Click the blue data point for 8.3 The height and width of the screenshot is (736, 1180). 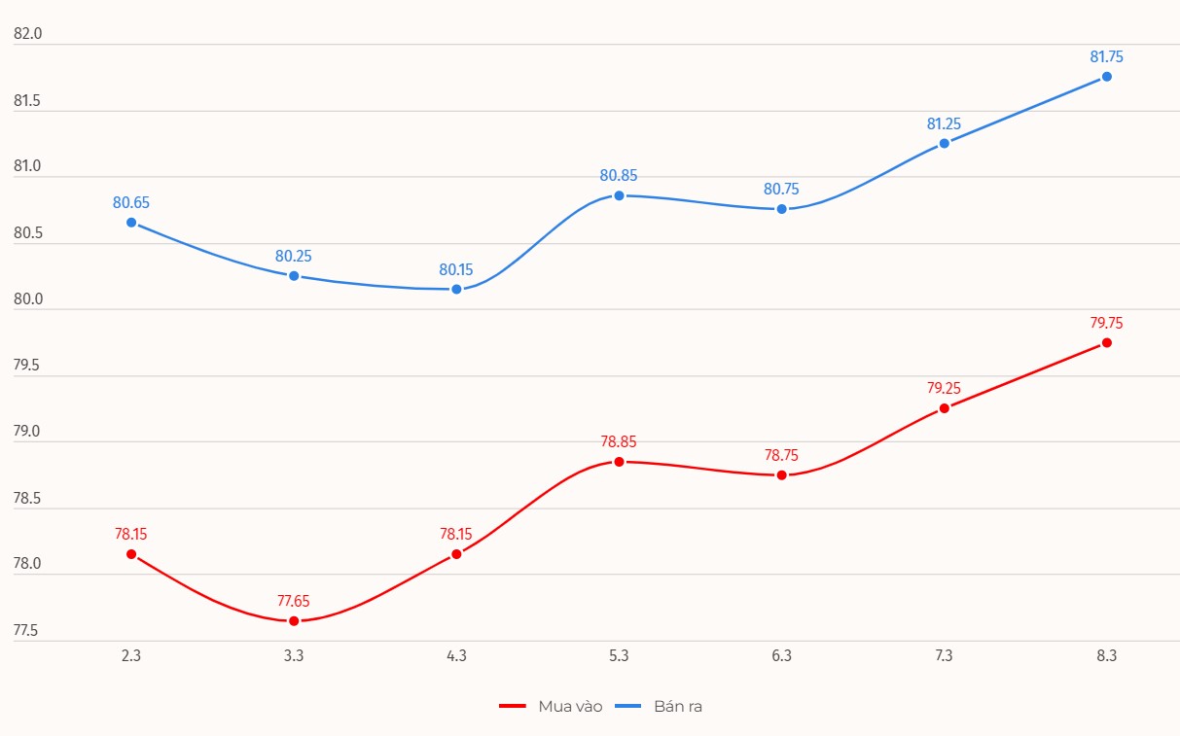(x=1106, y=77)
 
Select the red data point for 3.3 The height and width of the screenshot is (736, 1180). (x=294, y=620)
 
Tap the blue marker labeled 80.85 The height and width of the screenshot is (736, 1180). (x=619, y=195)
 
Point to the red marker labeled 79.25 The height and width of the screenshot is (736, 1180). (x=944, y=408)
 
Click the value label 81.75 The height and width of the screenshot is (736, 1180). (x=1106, y=56)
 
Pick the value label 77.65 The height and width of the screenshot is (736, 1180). (x=294, y=601)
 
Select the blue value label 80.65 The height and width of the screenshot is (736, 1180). (x=131, y=203)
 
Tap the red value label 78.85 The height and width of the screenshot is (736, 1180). (x=619, y=441)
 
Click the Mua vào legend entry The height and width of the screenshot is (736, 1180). (x=551, y=707)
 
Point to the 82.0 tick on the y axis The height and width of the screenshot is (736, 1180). (x=28, y=34)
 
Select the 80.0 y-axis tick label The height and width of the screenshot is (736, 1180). (x=28, y=299)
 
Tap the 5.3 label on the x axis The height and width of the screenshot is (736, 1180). (x=619, y=656)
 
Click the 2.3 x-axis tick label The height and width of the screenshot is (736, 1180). (x=131, y=656)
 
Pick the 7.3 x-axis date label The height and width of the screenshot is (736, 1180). (x=944, y=656)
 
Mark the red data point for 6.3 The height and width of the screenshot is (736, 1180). (x=781, y=474)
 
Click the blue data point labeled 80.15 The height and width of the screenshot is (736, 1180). (x=456, y=289)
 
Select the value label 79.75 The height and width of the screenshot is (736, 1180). (x=1106, y=323)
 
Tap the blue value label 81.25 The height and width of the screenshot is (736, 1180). (x=944, y=123)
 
